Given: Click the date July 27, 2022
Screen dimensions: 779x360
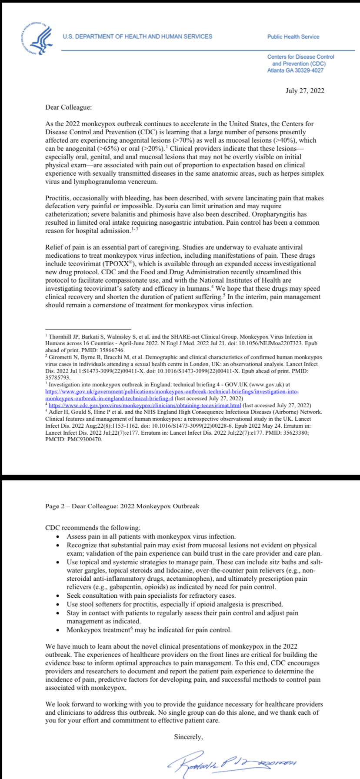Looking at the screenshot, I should pos(305,91).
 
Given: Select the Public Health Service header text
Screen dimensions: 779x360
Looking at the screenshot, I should pos(293,37).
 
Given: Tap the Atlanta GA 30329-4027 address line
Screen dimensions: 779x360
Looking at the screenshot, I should pos(295,70).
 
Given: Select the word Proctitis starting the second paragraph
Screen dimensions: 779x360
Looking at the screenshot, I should pos(58,198).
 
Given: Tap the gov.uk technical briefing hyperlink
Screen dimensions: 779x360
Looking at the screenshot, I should pos(172,391).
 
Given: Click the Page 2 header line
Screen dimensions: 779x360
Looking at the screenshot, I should pos(122,506).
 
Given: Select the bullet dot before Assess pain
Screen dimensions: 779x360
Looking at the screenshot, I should pos(58,537).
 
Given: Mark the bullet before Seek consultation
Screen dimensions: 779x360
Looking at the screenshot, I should pos(58,596).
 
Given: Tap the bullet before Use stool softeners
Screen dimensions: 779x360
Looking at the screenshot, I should pos(58,604).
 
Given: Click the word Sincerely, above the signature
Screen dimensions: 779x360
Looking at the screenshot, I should pos(189,737).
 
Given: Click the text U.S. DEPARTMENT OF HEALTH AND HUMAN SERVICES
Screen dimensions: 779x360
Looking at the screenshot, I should pos(137,37).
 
